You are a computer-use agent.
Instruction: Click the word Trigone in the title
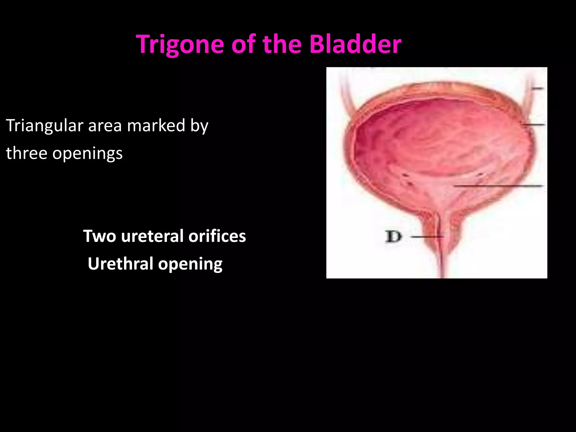click(180, 44)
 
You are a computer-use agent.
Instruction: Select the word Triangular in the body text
click(44, 125)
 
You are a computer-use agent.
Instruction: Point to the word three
click(26, 153)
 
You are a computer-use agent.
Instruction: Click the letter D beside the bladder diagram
click(393, 237)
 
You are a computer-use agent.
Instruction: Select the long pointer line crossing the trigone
click(498, 186)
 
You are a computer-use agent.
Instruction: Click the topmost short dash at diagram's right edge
click(538, 88)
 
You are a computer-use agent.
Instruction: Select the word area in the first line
click(105, 125)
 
